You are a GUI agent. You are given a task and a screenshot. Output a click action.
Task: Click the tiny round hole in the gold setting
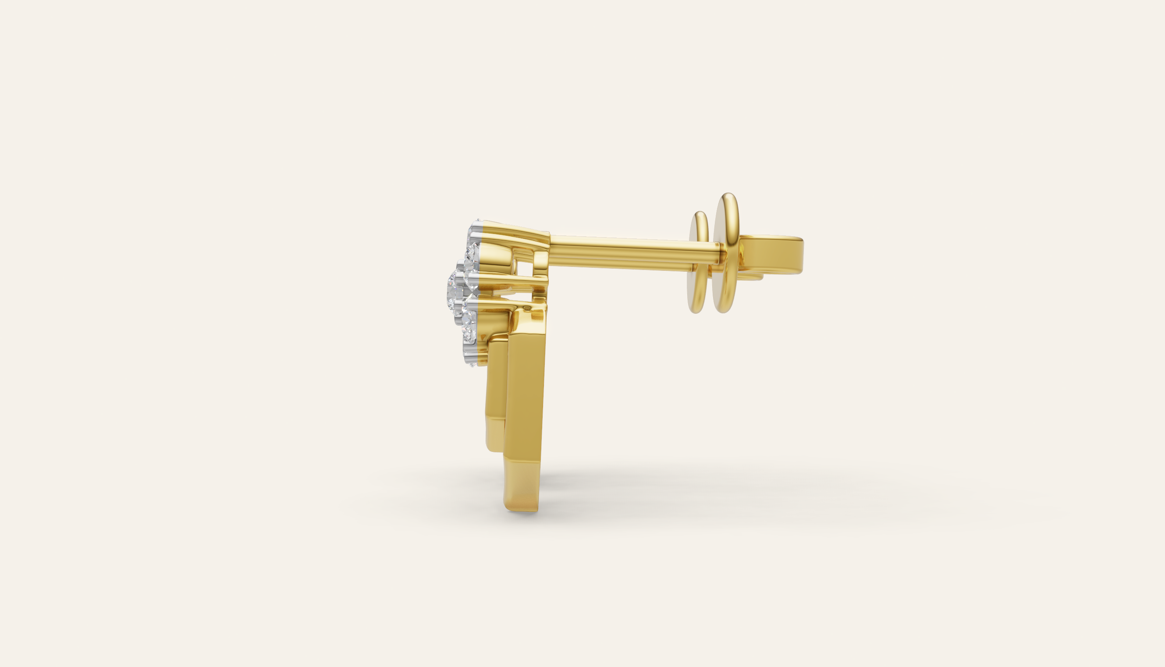pos(526,310)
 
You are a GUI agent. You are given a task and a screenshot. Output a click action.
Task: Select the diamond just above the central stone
pos(470,255)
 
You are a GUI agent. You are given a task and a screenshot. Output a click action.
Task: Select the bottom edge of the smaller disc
pos(696,312)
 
